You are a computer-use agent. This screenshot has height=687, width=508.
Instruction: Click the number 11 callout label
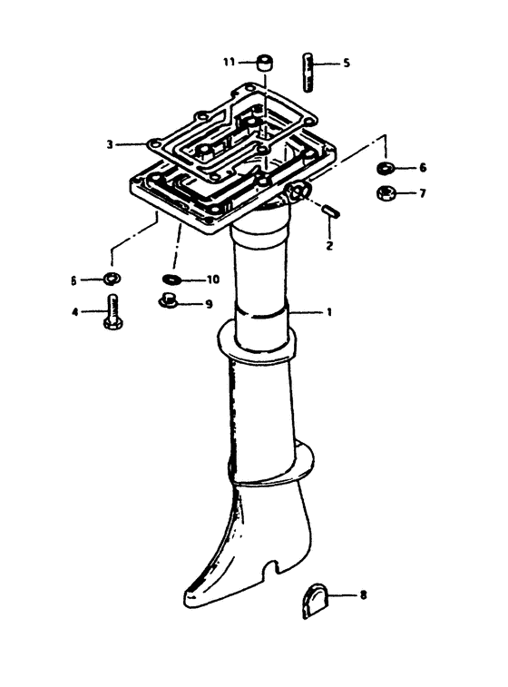[229, 63]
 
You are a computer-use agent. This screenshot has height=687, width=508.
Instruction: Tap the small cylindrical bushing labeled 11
[264, 63]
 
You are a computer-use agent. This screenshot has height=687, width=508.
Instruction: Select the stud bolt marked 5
[308, 73]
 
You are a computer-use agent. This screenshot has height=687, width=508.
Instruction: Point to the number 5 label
[347, 64]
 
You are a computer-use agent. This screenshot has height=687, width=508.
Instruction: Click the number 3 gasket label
[110, 144]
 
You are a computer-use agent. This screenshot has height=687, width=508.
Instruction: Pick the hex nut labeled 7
[386, 192]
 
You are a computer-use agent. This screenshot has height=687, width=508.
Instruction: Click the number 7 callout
[422, 192]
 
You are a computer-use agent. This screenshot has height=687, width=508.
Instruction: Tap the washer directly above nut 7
[386, 167]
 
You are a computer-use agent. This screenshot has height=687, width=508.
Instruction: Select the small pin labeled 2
[330, 210]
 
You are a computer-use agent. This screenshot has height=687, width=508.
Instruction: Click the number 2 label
[329, 245]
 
